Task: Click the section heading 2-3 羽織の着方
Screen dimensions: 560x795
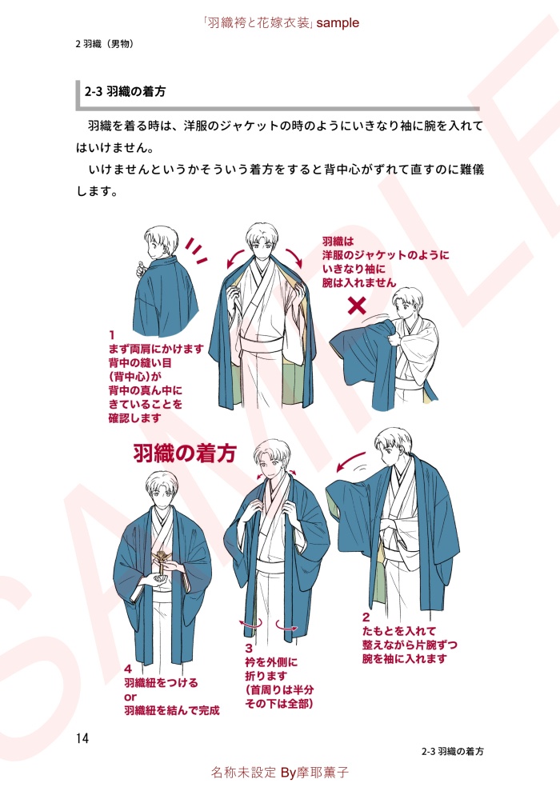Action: click(126, 92)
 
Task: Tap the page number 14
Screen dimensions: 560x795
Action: click(82, 738)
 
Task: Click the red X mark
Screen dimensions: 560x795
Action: click(357, 305)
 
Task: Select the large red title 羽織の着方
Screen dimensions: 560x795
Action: click(185, 453)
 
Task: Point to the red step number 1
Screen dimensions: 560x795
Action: click(111, 335)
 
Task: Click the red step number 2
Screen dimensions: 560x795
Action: click(366, 617)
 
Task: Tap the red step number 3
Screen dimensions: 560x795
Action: click(249, 648)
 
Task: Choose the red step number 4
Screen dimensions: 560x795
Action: click(128, 669)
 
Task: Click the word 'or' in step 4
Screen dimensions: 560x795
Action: click(130, 697)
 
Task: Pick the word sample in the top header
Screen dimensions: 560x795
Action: click(338, 23)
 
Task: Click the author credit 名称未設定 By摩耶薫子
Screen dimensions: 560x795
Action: click(280, 772)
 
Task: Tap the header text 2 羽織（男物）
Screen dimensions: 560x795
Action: click(105, 44)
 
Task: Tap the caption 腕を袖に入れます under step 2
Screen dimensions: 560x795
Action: click(405, 658)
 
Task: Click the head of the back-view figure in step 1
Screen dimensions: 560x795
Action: click(161, 243)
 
